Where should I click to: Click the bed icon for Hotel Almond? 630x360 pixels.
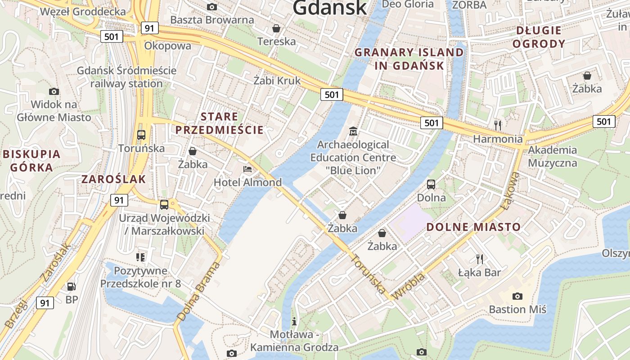(x=247, y=169)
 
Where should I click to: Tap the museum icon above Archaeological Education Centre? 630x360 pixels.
(x=353, y=131)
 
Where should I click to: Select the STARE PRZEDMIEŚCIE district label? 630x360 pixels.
(x=219, y=123)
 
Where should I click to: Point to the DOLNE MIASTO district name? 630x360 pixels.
(x=473, y=227)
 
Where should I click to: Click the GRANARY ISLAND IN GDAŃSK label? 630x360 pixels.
(x=409, y=59)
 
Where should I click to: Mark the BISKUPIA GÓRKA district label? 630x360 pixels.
(x=31, y=161)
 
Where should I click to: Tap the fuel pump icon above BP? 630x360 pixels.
(x=71, y=286)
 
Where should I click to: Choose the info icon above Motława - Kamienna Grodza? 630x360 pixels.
(x=294, y=321)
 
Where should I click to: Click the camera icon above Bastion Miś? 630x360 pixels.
(x=517, y=296)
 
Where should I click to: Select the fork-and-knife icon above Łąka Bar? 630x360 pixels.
(x=480, y=259)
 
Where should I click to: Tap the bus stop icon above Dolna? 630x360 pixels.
(x=431, y=184)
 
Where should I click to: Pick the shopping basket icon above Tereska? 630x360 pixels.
(x=276, y=29)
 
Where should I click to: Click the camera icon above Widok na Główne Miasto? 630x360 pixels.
(x=54, y=91)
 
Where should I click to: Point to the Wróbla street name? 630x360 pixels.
(x=409, y=286)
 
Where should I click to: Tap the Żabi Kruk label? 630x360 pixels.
(x=277, y=81)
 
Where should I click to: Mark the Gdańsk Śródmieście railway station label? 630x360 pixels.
(x=126, y=77)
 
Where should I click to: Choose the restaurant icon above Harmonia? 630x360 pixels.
(x=497, y=125)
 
